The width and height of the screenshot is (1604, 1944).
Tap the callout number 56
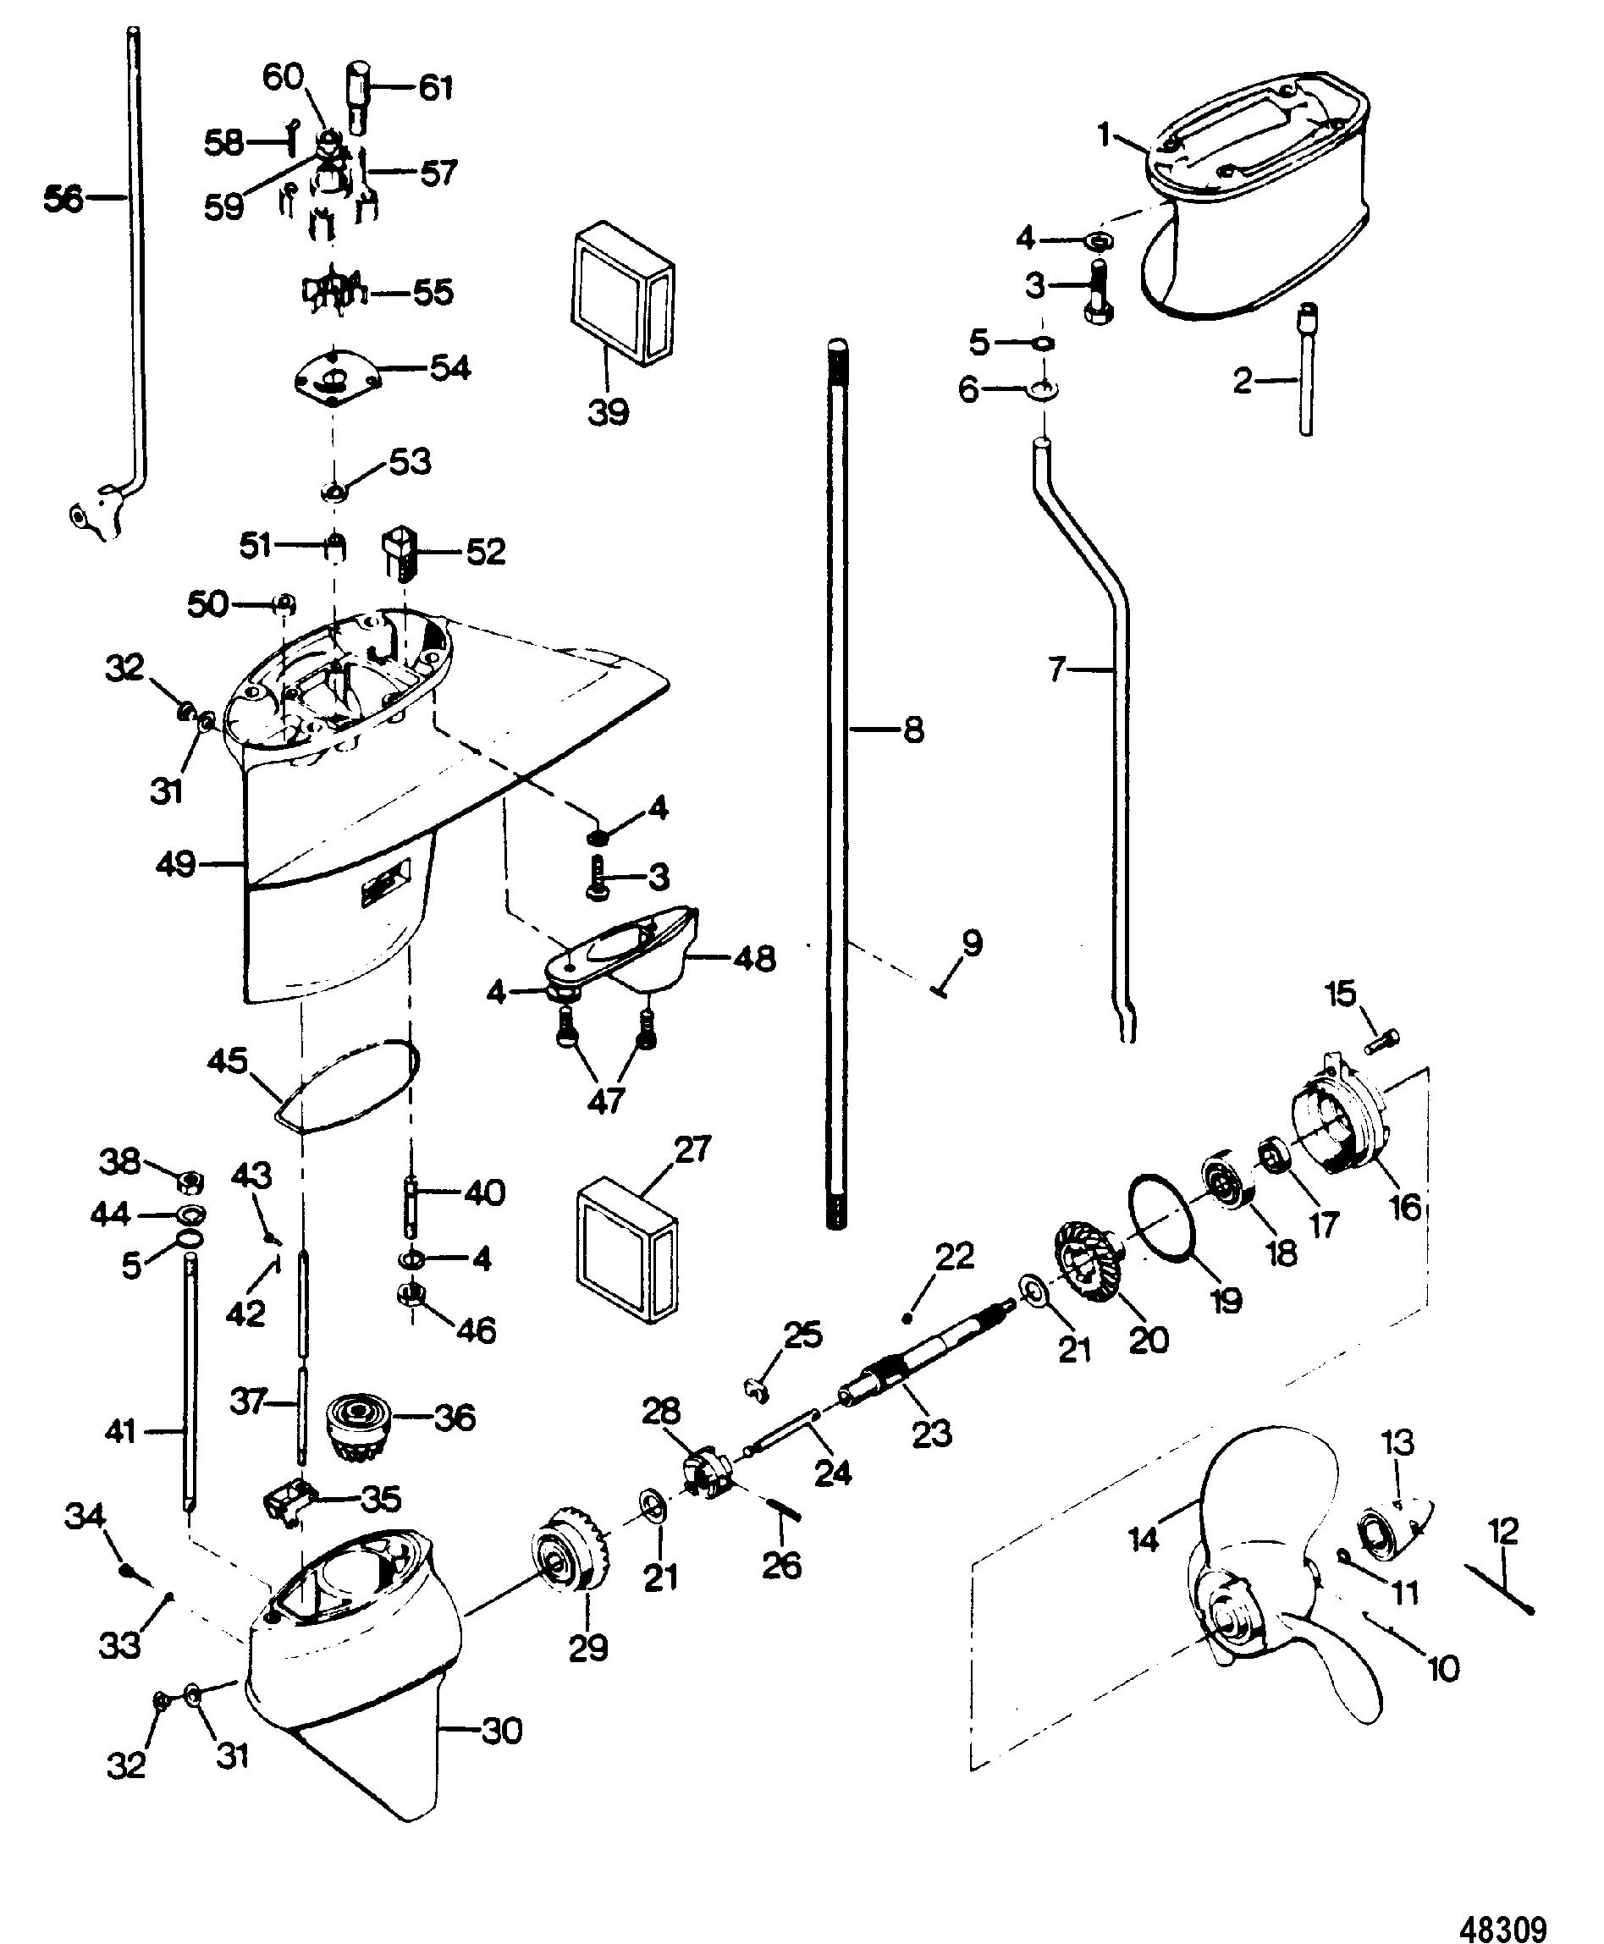63,198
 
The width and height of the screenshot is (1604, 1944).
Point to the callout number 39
609,412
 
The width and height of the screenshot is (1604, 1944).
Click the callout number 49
175,865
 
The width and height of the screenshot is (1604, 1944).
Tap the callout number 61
436,88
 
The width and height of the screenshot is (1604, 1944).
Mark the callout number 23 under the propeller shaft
931,1433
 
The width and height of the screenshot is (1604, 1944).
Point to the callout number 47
606,1099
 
